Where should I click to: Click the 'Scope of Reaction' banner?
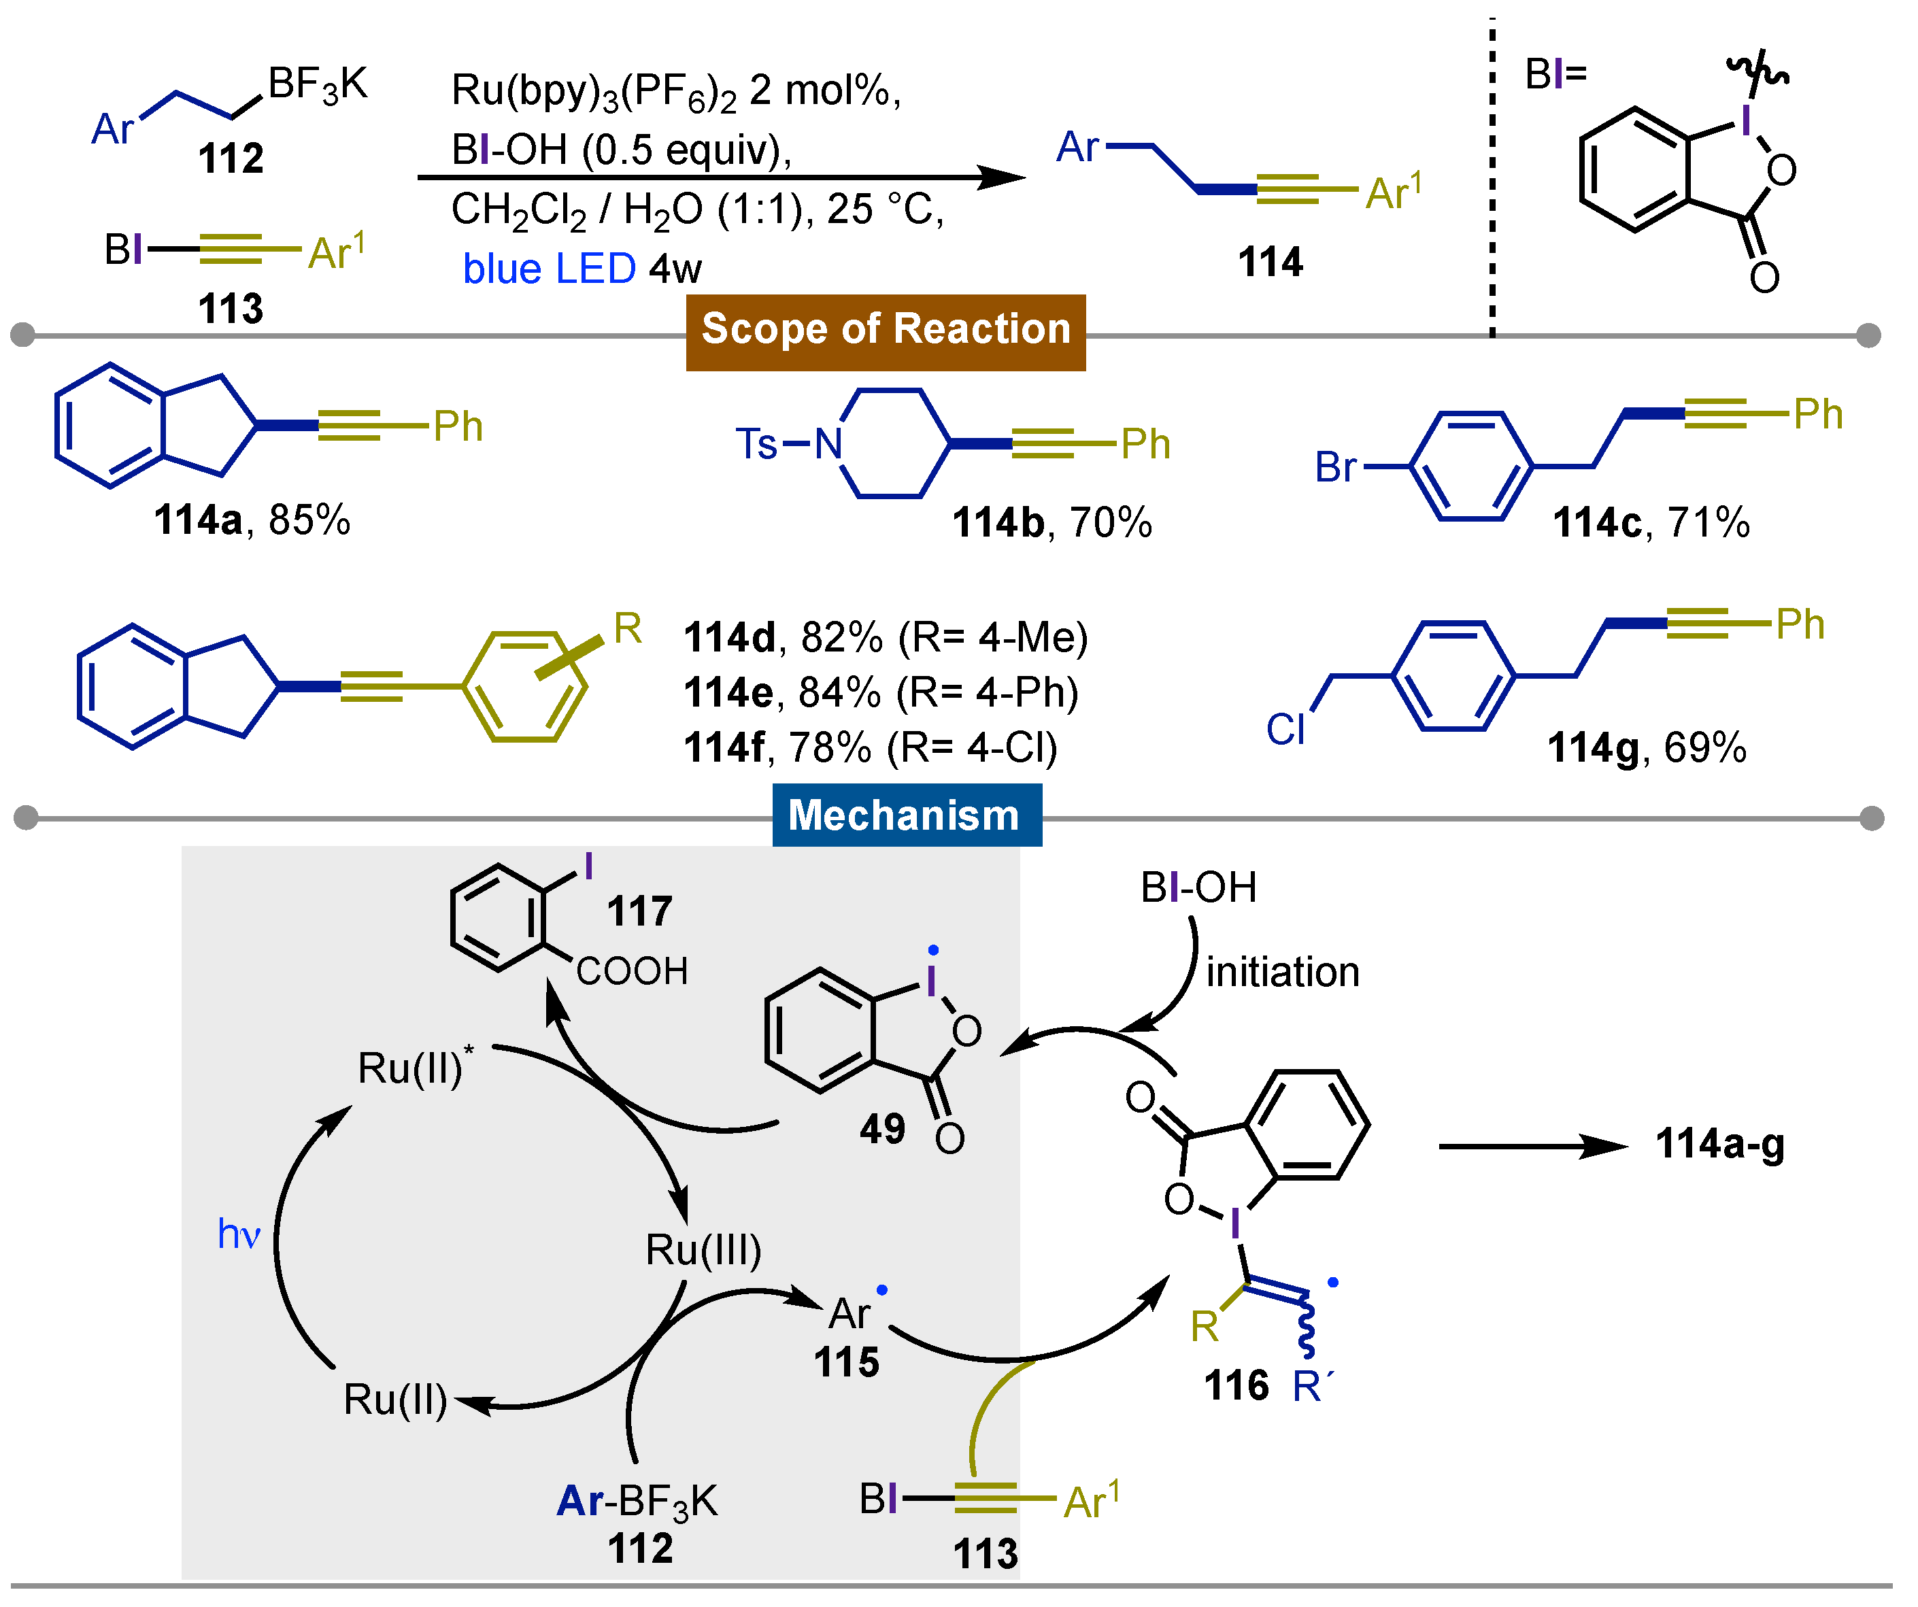[x=885, y=331]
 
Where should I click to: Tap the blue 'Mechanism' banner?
[x=905, y=815]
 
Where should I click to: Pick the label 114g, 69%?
[x=1647, y=748]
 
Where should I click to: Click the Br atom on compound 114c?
[x=1334, y=467]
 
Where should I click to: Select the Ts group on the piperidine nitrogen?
[x=756, y=445]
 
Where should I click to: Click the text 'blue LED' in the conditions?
[x=549, y=269]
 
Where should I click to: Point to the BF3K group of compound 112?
[x=317, y=85]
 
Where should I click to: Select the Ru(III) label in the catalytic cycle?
[x=703, y=1250]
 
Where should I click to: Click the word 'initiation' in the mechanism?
[x=1282, y=972]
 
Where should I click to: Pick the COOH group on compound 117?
[x=632, y=972]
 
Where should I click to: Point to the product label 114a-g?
[x=1720, y=1144]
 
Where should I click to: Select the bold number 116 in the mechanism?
[x=1236, y=1386]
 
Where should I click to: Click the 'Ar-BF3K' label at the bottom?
[x=637, y=1500]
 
